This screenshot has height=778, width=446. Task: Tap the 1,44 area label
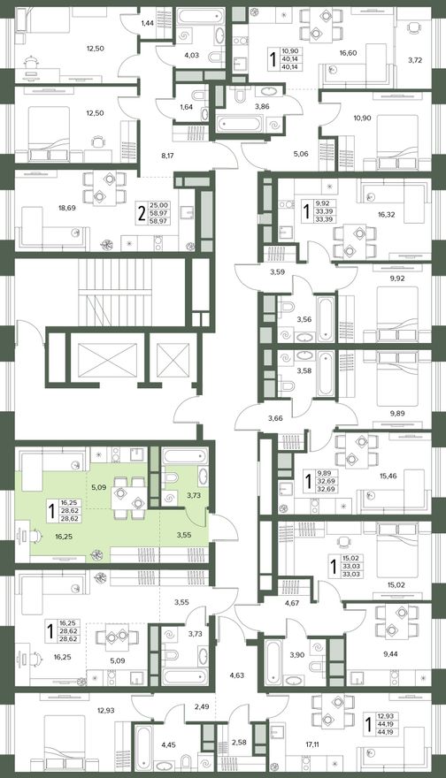pos(147,23)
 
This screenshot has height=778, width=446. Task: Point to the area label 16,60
pos(348,52)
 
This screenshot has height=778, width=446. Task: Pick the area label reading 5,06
pos(301,154)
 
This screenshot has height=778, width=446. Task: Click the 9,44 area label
pos(391,654)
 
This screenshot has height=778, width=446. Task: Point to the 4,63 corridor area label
pos(237,675)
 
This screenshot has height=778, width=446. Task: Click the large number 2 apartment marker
pos(142,213)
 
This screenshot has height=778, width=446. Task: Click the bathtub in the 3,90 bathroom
pos(273,662)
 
